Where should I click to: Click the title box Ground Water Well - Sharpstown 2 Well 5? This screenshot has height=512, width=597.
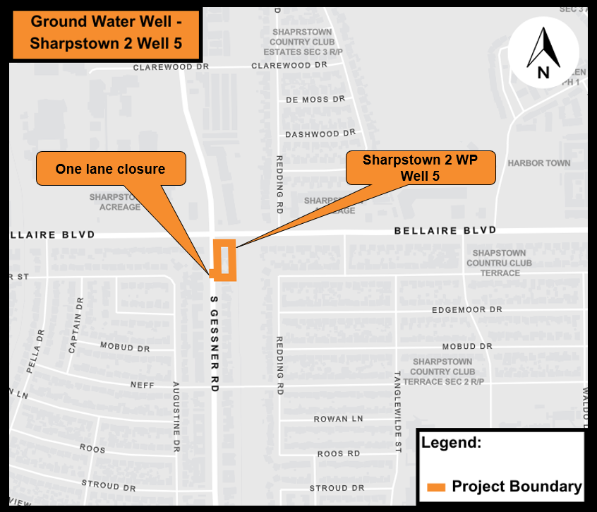(x=105, y=33)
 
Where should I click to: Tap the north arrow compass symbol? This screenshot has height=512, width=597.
(x=543, y=53)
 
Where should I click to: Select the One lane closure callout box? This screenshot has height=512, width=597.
(x=111, y=169)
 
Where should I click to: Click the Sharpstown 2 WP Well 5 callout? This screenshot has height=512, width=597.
(x=420, y=168)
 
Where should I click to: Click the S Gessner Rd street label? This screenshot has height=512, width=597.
(x=215, y=345)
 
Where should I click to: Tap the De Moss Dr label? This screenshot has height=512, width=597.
(x=315, y=100)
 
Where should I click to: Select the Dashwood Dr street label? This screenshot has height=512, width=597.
(x=320, y=133)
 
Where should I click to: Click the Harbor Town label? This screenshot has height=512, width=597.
(x=539, y=163)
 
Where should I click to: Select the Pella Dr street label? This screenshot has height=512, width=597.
(x=35, y=351)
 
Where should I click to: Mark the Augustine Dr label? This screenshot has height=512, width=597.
(x=177, y=417)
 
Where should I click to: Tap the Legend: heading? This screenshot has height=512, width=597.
(x=451, y=443)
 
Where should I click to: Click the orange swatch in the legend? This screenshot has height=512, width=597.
(x=436, y=487)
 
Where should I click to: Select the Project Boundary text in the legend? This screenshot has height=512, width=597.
(x=517, y=487)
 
